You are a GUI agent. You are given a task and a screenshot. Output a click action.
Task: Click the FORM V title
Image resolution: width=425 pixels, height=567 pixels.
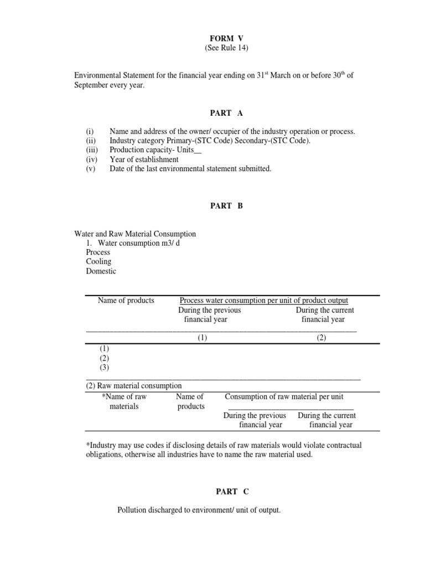coord(226,38)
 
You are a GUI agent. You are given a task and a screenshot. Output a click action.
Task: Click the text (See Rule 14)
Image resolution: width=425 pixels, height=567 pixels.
coord(226,48)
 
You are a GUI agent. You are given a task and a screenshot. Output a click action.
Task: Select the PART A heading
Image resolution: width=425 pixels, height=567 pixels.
coord(226,113)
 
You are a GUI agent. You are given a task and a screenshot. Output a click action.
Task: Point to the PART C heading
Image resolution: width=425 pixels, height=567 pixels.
coord(226,492)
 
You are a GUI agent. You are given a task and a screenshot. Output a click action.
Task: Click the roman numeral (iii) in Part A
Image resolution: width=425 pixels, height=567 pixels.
coord(92,150)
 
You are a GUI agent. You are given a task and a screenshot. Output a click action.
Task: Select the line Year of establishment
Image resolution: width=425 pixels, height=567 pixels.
coord(144,159)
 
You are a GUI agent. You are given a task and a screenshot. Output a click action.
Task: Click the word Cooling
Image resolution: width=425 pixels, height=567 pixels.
coord(99,262)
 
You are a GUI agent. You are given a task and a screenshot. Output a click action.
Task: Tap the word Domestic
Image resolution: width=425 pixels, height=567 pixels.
coord(101,271)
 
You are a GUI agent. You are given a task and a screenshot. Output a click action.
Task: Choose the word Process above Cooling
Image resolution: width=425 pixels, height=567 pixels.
coord(98,252)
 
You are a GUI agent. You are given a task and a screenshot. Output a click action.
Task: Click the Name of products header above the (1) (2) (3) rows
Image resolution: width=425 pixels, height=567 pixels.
coord(126,301)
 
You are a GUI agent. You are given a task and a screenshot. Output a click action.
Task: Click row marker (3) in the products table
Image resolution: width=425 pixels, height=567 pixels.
coord(105,367)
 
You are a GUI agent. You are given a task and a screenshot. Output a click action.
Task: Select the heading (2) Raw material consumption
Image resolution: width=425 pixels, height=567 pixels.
coord(134,386)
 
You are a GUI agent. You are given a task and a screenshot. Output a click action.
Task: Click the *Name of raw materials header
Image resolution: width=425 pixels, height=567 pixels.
coord(124,401)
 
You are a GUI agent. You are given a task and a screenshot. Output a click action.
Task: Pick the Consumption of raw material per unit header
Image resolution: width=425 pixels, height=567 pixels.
coord(287,396)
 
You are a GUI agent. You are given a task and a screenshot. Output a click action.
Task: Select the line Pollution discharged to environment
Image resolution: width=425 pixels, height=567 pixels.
coord(199,510)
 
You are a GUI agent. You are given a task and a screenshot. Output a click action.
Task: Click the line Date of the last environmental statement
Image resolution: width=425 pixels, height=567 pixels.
coord(190,169)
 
